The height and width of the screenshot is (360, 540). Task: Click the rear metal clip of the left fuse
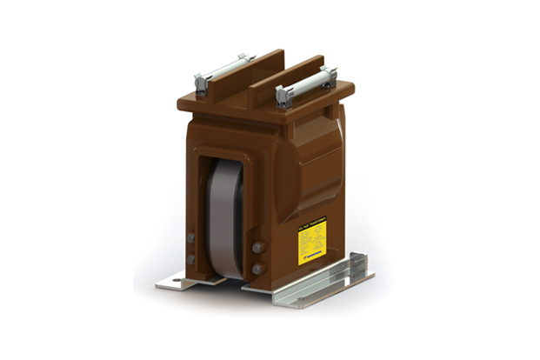[x=244, y=59]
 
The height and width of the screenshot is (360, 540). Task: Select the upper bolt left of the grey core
[x=190, y=237]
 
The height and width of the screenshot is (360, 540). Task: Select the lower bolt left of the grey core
[x=190, y=258]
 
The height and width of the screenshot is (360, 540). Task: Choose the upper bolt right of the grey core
[x=258, y=248]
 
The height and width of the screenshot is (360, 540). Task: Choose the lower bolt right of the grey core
[x=258, y=269]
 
